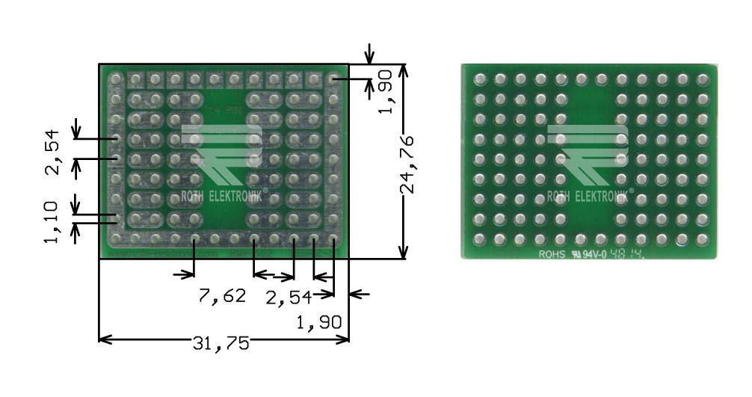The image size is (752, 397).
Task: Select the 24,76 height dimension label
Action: (x=407, y=164)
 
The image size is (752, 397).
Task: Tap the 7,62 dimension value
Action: (x=222, y=296)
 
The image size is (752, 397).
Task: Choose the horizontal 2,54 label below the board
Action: (x=289, y=298)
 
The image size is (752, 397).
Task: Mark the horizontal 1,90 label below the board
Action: (x=319, y=323)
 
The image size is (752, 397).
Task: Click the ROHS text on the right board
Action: (x=553, y=253)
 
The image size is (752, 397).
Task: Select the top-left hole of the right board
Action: (x=480, y=79)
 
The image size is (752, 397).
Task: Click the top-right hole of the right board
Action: (x=702, y=79)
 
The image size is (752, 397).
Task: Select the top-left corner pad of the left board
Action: (x=116, y=78)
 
